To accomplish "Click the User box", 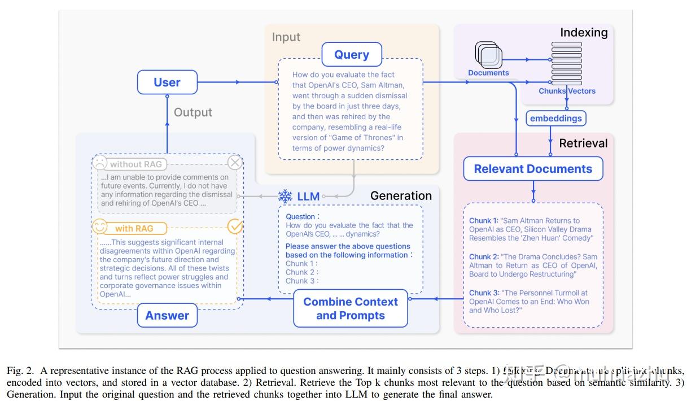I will pos(167,82).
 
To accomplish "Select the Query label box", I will pos(352,55).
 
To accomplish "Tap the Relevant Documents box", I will pos(533,169).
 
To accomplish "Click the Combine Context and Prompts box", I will pos(351,308).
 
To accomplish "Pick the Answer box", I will pos(167,316).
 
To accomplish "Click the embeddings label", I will pos(556,118).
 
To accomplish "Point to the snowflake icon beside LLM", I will pos(286,197).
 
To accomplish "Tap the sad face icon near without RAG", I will pos(100,164).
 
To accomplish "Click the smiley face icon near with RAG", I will pos(100,228).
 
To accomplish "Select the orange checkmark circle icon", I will pos(234,227).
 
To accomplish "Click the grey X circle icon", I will pos(234,163).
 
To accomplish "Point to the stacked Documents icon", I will pos(488,55).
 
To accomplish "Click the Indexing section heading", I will pos(584,32).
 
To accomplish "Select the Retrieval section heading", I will pos(583,143).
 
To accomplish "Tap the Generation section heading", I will pos(401,196).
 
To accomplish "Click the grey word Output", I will pos(193,112).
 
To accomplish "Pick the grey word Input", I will pos(286,37).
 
